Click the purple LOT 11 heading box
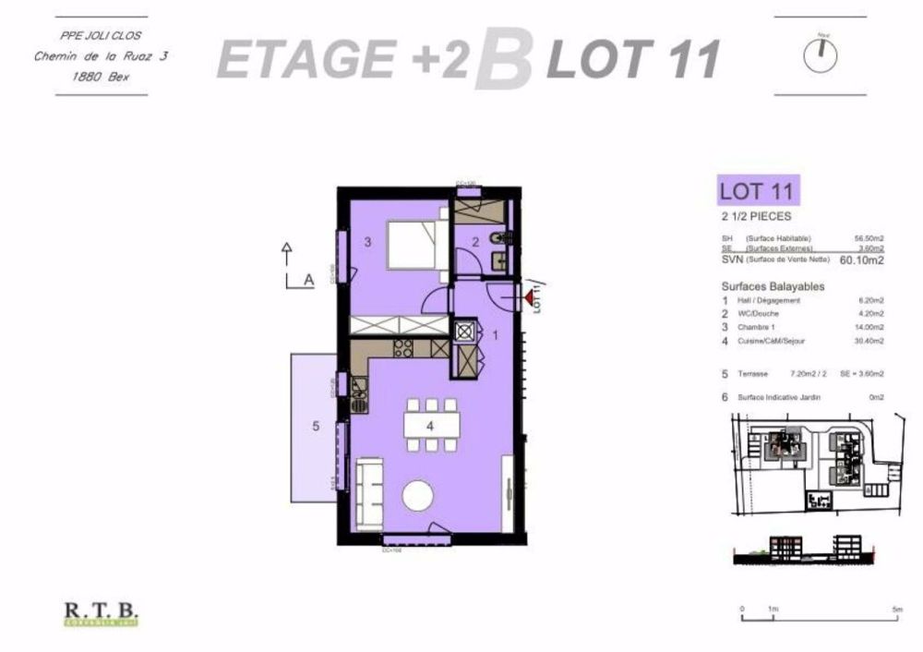click(x=758, y=192)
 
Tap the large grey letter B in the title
click(x=504, y=60)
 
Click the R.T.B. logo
click(x=101, y=611)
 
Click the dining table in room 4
click(x=431, y=425)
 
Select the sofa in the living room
click(x=369, y=493)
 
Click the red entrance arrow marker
click(x=529, y=297)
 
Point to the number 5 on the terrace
click(x=315, y=426)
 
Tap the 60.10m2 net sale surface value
click(x=862, y=260)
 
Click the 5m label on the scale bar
click(x=897, y=610)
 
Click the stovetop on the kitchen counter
click(x=402, y=348)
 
